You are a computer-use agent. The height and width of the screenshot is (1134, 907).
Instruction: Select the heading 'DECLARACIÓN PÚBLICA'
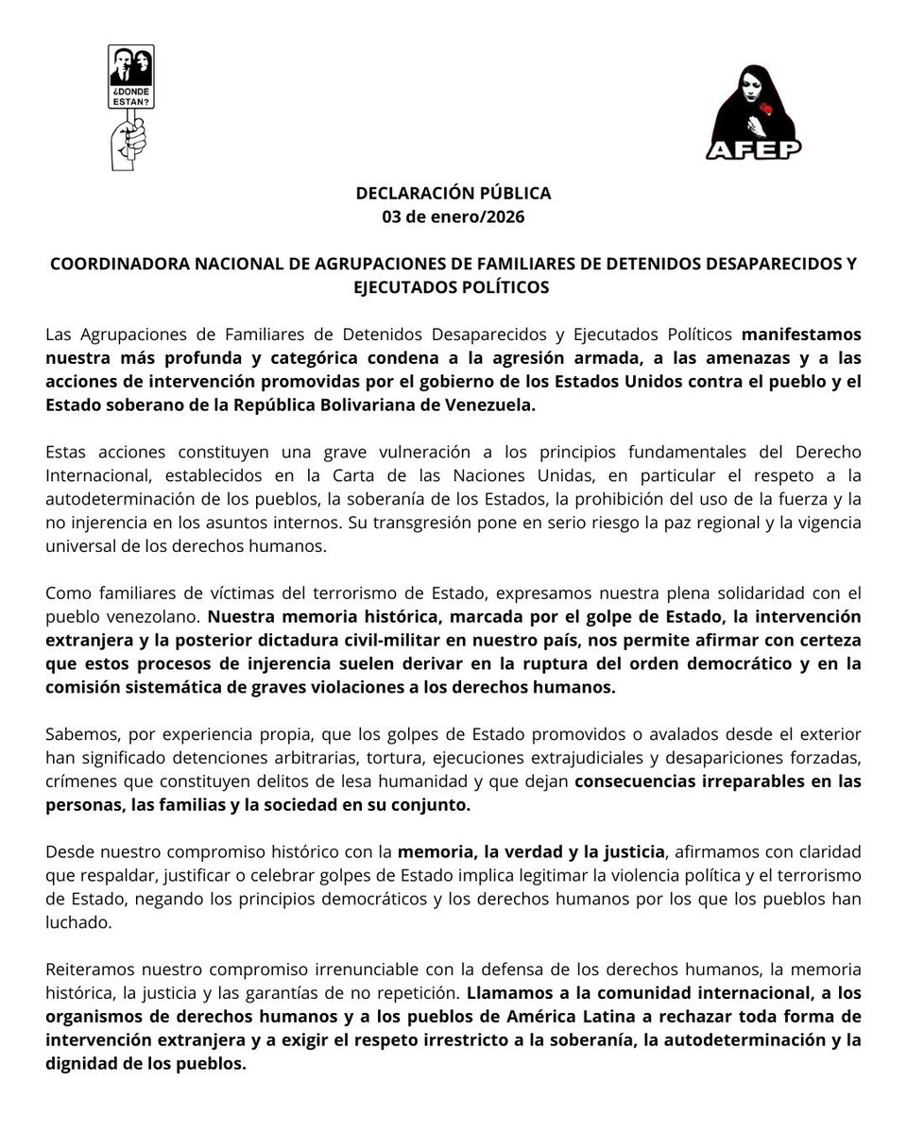tap(453, 193)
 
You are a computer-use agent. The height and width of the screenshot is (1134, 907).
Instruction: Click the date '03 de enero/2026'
tap(453, 216)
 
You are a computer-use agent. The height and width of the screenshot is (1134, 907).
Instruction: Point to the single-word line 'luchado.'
tap(78, 922)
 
